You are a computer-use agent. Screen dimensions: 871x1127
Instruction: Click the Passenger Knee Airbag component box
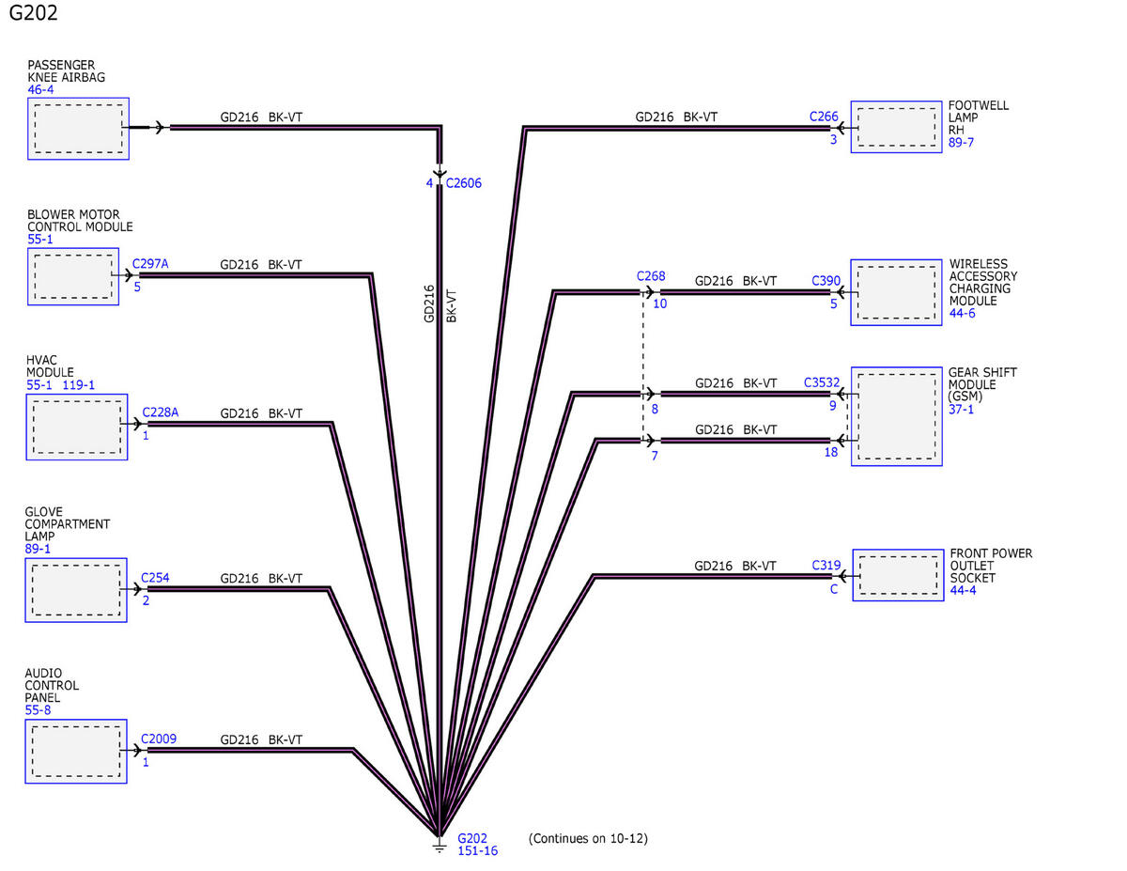coord(78,128)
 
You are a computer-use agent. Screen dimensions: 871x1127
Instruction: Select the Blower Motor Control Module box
coord(73,276)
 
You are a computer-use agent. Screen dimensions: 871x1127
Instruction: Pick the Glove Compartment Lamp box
coord(76,589)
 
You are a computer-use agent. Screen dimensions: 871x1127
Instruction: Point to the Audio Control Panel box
coord(76,751)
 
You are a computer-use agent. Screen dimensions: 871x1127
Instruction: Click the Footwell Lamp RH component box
coord(897,128)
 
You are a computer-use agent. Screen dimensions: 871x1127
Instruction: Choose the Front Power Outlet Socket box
coord(898,575)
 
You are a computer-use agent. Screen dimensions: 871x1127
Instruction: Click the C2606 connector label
coord(463,183)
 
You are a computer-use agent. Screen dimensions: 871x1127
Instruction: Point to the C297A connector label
coord(150,264)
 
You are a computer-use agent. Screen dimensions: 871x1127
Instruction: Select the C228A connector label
coord(160,413)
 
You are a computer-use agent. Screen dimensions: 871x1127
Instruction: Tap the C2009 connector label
coord(159,739)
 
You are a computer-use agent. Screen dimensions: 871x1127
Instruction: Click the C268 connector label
coord(651,276)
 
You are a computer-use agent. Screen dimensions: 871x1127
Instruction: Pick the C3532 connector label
coord(822,383)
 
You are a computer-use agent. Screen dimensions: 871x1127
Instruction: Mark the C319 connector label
coord(826,566)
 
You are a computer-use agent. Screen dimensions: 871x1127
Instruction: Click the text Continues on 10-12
coord(588,838)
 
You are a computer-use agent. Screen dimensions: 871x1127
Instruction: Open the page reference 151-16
coord(477,851)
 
